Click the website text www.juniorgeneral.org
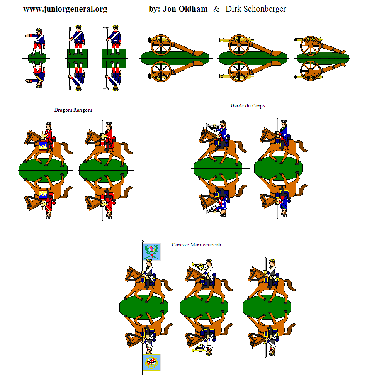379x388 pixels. point(65,9)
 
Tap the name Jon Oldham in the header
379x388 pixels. point(185,9)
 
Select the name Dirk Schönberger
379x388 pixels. point(255,9)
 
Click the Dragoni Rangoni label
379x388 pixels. point(73,110)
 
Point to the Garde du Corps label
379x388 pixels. point(248,106)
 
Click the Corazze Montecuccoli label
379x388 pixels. point(197,245)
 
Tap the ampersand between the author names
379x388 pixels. point(216,10)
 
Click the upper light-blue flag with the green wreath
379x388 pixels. point(152,251)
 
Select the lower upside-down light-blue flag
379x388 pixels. point(152,362)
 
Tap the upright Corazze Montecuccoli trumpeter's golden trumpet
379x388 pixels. point(198,266)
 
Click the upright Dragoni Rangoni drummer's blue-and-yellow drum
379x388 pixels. point(43,146)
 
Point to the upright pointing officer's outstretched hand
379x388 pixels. point(27,36)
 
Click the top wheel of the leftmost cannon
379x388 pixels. point(161,45)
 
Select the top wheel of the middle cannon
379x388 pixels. point(239,45)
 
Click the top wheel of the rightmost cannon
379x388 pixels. point(311,46)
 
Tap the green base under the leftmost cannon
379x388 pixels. point(175,59)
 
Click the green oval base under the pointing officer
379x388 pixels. point(37,59)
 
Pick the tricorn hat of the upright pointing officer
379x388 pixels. point(39,30)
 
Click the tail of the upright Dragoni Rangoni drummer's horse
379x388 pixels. point(66,147)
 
